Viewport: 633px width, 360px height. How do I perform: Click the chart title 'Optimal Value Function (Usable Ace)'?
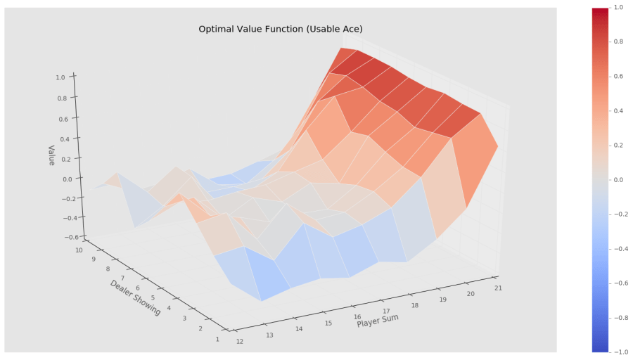tap(280, 29)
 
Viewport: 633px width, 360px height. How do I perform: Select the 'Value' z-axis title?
tap(51, 155)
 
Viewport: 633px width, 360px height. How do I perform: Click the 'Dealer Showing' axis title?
tap(135, 297)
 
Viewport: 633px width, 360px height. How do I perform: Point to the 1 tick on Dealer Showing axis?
tap(217, 339)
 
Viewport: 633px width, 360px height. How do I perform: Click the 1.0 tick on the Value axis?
tap(61, 77)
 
